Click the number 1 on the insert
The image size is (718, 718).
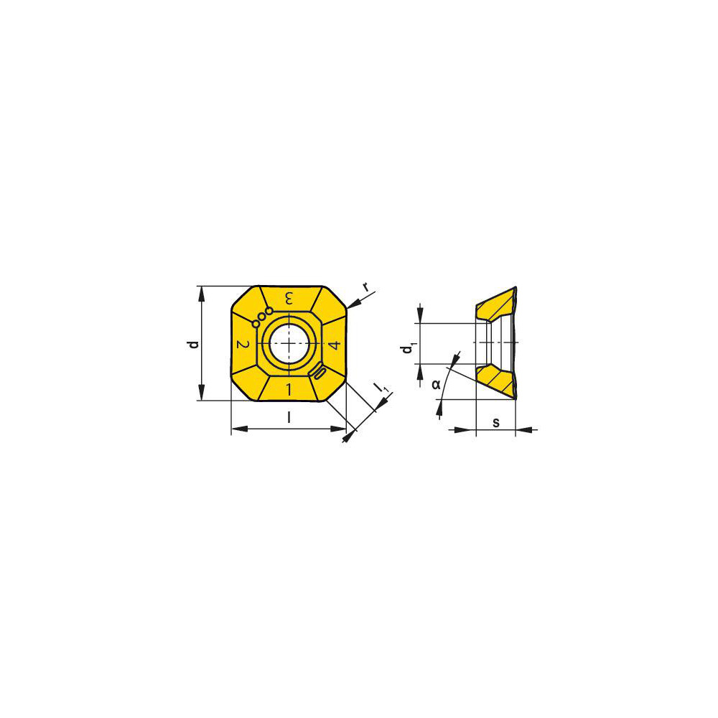click(289, 390)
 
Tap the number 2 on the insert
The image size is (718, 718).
click(243, 345)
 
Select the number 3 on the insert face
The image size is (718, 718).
click(289, 298)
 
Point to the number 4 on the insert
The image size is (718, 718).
click(333, 345)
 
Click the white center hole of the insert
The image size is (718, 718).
click(289, 343)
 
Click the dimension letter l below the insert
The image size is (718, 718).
click(289, 417)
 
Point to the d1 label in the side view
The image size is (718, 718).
click(407, 349)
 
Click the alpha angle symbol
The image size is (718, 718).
click(436, 384)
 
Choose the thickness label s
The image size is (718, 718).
click(495, 421)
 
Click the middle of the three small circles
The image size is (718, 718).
click(262, 315)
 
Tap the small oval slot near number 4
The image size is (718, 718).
click(320, 372)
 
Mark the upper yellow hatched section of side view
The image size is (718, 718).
click(495, 305)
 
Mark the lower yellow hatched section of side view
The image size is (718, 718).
click(495, 379)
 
